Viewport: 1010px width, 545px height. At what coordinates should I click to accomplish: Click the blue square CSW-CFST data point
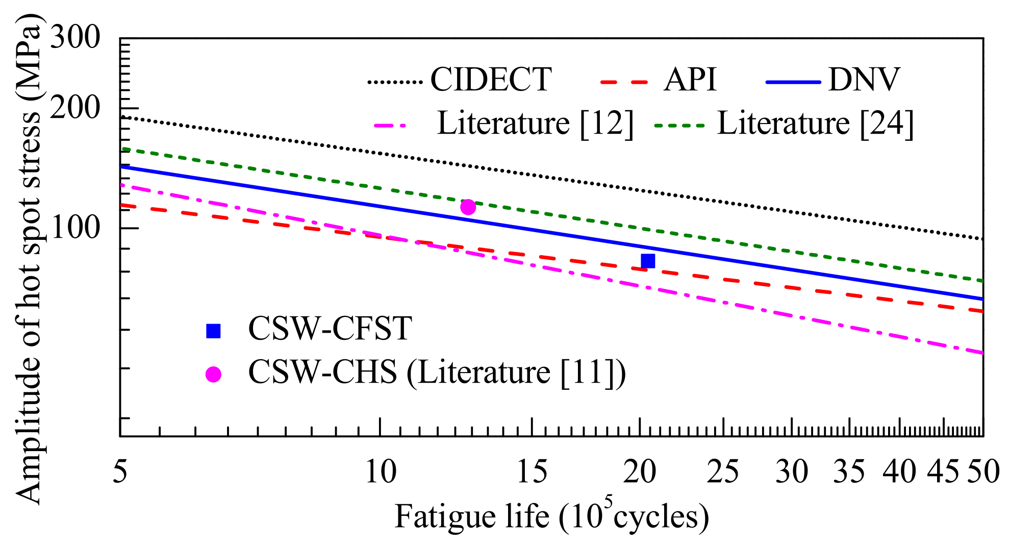tap(647, 261)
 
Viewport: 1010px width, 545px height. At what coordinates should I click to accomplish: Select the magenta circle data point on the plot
tap(468, 207)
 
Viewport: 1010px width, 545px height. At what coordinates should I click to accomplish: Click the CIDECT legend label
tap(491, 80)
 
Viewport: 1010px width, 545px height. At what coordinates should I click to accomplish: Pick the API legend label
tap(690, 80)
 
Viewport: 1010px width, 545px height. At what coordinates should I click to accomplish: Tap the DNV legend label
tap(864, 80)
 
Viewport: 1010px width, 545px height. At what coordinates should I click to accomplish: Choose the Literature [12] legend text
tap(535, 123)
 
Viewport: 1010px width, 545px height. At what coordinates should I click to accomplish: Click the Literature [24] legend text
tap(815, 123)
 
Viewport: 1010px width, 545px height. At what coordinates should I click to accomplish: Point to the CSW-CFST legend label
tap(330, 328)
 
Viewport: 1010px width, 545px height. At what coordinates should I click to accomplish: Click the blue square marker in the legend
tap(213, 331)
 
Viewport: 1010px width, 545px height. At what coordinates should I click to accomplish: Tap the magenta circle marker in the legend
tap(213, 375)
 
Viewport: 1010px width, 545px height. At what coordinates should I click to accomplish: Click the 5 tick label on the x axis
tap(120, 472)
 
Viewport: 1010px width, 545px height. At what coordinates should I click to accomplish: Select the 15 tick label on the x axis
tap(532, 472)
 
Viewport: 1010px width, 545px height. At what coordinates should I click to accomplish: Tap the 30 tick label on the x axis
tap(791, 472)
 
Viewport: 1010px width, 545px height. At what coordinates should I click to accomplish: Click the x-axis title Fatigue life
tap(551, 516)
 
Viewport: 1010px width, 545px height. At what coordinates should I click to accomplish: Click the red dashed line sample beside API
tap(624, 82)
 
